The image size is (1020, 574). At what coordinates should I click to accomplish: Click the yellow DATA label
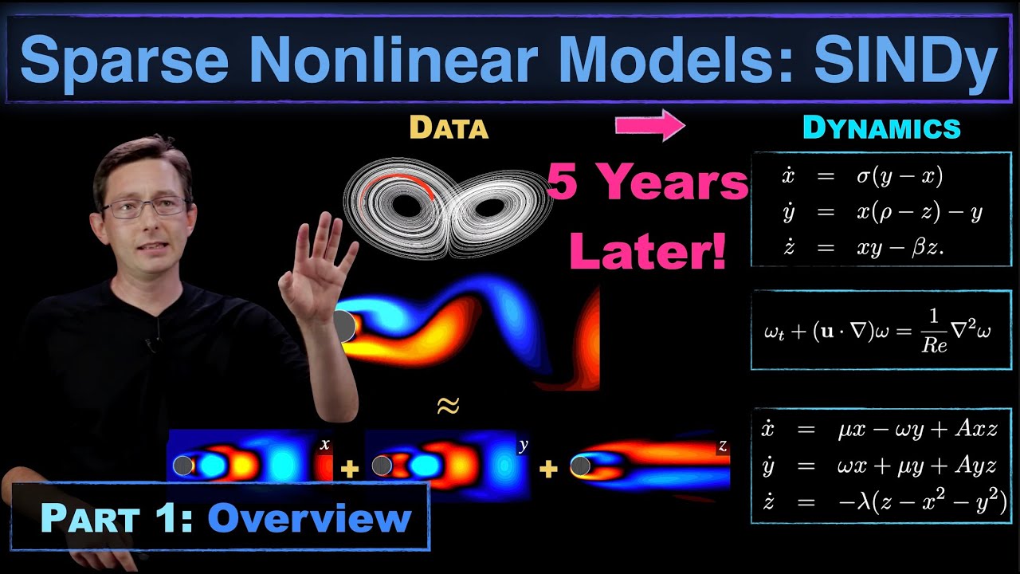click(449, 128)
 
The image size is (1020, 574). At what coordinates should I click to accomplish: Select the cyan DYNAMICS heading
click(881, 128)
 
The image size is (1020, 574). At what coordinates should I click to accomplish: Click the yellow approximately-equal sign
click(449, 406)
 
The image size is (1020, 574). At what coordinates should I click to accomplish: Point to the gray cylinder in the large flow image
click(344, 326)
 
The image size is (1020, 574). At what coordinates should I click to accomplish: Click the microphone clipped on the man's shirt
click(151, 344)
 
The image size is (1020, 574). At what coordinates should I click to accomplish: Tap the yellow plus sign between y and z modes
click(547, 470)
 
